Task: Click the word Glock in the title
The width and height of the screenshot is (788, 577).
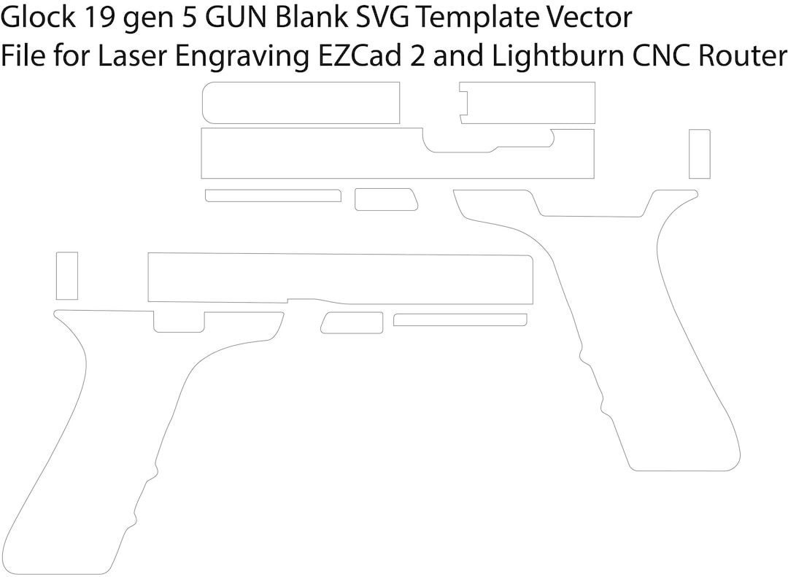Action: tap(37, 18)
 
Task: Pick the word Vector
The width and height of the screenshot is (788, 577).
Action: tap(590, 18)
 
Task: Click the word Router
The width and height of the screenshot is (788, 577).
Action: tap(743, 55)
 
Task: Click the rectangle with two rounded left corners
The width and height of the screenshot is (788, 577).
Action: tap(301, 103)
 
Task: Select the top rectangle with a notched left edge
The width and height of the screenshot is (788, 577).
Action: tap(528, 103)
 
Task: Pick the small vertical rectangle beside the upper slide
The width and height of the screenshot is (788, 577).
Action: tap(699, 153)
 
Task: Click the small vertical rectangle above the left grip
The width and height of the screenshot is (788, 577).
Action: tap(66, 275)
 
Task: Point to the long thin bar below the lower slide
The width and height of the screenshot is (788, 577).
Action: tap(460, 320)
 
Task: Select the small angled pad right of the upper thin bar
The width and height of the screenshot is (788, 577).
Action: tap(385, 199)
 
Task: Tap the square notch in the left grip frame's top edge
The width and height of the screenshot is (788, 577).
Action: tap(179, 321)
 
